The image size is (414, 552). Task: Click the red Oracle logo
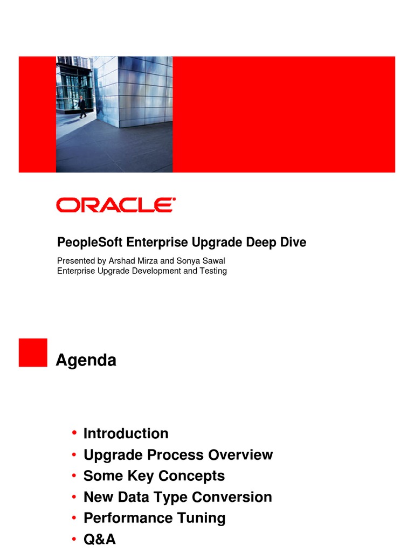click(x=116, y=205)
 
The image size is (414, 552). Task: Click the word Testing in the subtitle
click(x=212, y=271)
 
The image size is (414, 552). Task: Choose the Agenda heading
click(x=86, y=360)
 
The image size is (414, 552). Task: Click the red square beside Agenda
click(x=33, y=353)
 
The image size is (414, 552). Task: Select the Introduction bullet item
click(x=126, y=433)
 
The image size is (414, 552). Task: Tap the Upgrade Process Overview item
click(x=178, y=455)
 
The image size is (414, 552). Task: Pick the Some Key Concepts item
click(x=154, y=476)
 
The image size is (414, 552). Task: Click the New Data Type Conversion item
click(x=177, y=497)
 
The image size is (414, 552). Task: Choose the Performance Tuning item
click(x=154, y=518)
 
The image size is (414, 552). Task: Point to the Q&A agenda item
click(x=99, y=539)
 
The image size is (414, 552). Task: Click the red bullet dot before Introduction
click(x=73, y=433)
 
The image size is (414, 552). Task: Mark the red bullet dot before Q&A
click(x=73, y=539)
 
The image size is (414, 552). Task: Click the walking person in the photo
click(x=82, y=107)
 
